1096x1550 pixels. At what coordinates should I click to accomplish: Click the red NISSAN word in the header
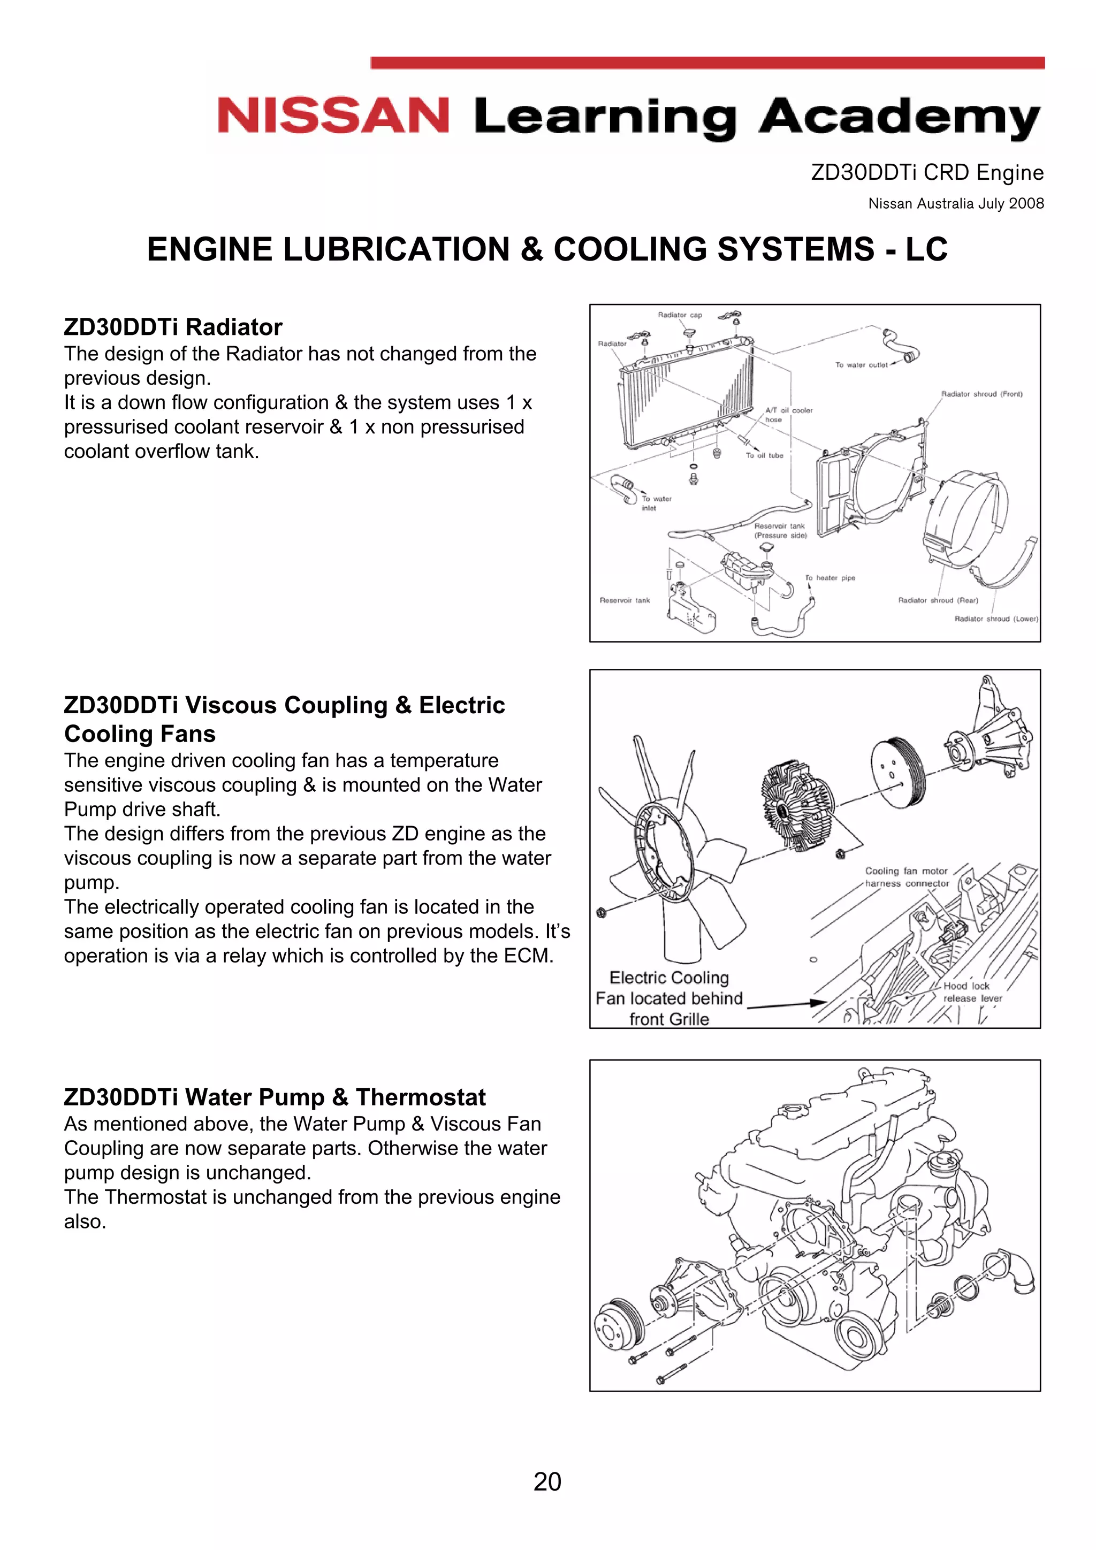[x=333, y=116]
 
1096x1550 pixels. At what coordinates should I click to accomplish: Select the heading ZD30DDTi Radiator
[x=173, y=327]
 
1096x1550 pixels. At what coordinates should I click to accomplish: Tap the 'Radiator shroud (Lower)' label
[x=995, y=619]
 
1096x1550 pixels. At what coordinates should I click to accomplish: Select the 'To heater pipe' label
[x=829, y=578]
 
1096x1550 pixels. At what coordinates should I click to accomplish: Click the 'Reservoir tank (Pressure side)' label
[x=780, y=531]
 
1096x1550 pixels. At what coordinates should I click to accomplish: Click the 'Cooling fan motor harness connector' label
[x=906, y=877]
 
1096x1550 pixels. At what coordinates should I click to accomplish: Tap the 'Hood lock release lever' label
[x=971, y=992]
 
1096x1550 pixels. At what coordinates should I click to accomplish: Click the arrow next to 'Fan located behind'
[x=787, y=1005]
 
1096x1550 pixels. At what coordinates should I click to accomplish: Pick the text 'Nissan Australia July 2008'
[x=956, y=204]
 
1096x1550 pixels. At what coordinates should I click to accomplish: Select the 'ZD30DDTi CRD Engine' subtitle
[x=926, y=173]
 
